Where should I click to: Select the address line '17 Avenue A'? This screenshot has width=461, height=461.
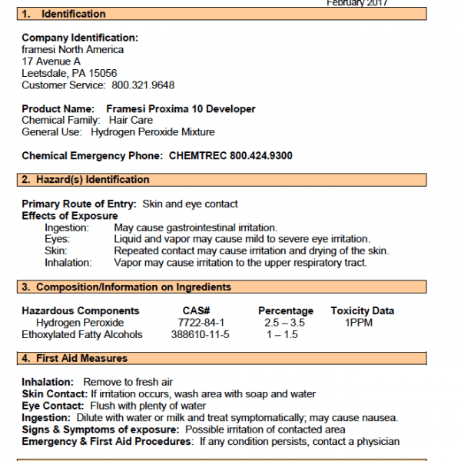[51, 61]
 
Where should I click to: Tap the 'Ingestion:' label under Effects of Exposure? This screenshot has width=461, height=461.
[67, 228]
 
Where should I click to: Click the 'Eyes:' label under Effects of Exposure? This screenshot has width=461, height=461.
[58, 240]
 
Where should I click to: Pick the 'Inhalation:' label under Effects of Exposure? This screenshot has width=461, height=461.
[68, 263]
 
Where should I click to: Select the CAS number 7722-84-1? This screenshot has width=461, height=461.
[201, 323]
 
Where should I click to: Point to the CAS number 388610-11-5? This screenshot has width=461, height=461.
[200, 334]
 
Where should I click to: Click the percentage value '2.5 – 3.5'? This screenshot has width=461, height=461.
[284, 323]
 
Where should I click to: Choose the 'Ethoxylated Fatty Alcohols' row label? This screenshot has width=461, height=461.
[82, 334]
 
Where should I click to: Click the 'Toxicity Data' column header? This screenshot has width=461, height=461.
[363, 311]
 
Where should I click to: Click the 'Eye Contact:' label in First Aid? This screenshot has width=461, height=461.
[53, 406]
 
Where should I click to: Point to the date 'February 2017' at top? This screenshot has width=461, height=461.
[357, 3]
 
